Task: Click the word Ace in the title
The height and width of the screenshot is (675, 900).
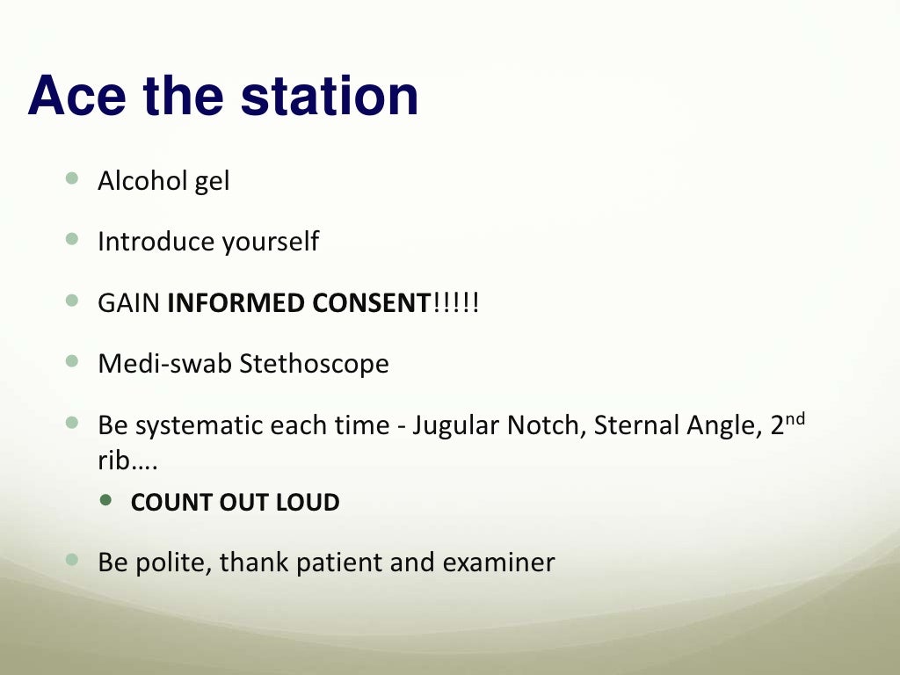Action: [76, 97]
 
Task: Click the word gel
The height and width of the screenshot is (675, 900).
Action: [212, 183]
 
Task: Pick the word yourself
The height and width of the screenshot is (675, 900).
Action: [270, 243]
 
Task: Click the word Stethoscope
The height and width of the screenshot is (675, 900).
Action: [315, 364]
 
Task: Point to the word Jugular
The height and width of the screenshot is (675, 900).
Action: [456, 425]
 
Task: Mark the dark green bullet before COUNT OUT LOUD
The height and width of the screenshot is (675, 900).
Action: [107, 500]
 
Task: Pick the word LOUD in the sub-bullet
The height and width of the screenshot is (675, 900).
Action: [308, 503]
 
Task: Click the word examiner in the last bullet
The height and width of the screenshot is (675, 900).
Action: [499, 562]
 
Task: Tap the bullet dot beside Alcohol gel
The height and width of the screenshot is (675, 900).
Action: [72, 178]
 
